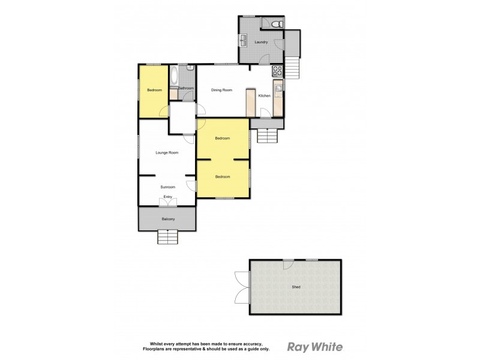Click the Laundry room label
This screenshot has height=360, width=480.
point(260,42)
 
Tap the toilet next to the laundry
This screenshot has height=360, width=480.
point(276,24)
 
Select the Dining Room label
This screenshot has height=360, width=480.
point(221,90)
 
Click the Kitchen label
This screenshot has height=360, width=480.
point(264,96)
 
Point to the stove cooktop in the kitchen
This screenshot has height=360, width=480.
point(278,71)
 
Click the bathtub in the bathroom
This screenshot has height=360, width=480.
point(174,76)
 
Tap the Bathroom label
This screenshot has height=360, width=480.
point(186,88)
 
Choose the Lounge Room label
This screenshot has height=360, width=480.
point(167,152)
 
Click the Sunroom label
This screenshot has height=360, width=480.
point(167,187)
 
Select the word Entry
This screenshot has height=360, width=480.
point(167,197)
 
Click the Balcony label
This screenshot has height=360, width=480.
point(168,219)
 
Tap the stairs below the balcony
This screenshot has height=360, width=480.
point(168,238)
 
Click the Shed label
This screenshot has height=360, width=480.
point(296,287)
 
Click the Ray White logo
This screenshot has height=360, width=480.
point(315,346)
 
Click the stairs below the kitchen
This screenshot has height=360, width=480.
point(268,136)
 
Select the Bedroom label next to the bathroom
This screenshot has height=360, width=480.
point(154,90)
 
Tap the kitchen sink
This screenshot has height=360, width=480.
point(278,88)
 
